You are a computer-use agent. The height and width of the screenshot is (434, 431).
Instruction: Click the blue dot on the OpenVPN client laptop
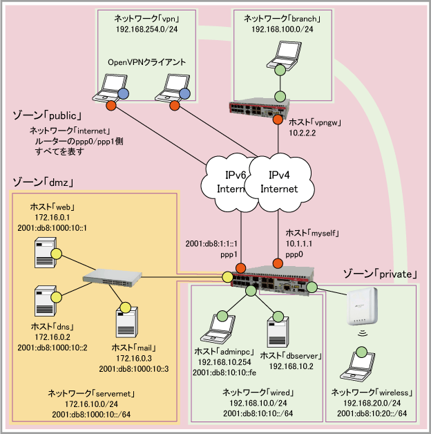pyautogui.click(x=124, y=93)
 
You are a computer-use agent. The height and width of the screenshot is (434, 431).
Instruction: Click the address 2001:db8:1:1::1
pyautogui.click(x=212, y=244)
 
